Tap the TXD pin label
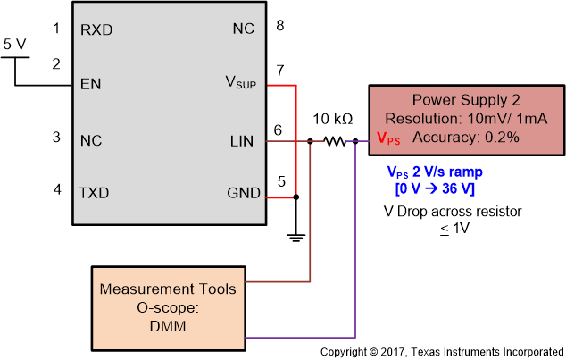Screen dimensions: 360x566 coord(95,193)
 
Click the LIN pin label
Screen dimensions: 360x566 coord(242,140)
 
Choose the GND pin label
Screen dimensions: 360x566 coord(244,193)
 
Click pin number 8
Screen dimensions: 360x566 coord(279,25)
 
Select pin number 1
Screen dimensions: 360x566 coord(56,29)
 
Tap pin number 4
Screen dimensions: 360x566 coord(56,189)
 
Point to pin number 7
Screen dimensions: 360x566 coord(279,70)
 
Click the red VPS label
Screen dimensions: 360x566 coord(388,139)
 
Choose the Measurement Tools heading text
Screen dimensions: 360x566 coord(168,289)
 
